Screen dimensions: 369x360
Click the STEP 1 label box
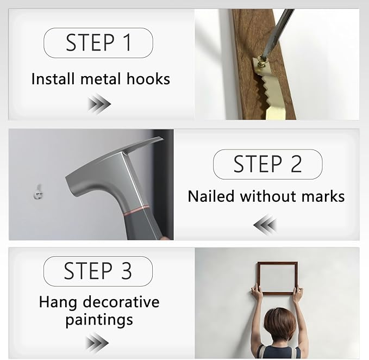[98, 43]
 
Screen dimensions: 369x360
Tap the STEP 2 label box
[268, 164]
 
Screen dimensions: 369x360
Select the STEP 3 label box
[98, 271]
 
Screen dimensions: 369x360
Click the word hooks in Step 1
[148, 79]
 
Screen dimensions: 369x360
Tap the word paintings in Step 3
[99, 320]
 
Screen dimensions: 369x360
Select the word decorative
[121, 302]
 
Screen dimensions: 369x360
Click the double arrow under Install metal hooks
[99, 104]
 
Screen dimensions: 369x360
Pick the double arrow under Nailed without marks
[265, 225]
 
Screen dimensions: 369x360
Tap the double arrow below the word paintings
[97, 343]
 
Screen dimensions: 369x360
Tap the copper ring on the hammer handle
[136, 209]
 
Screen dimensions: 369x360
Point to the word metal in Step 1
[101, 79]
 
